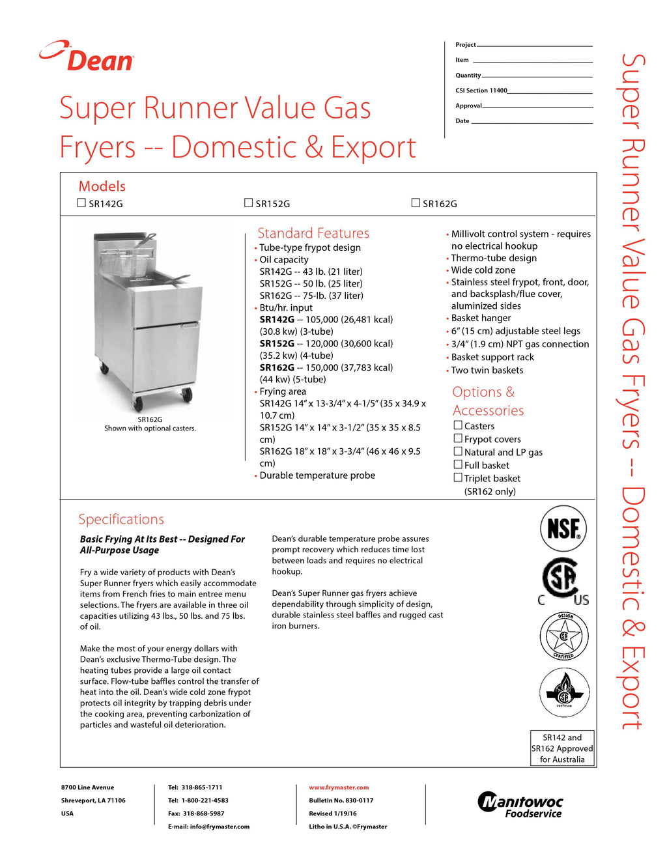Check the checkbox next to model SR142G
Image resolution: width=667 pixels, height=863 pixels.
81,203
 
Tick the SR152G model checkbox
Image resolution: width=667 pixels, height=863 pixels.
248,203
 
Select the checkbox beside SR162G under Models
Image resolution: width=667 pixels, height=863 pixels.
416,203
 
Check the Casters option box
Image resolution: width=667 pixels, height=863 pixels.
458,425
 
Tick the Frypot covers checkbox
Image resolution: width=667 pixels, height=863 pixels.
458,438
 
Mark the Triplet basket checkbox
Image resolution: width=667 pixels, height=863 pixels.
458,477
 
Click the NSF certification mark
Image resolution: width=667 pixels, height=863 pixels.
563,528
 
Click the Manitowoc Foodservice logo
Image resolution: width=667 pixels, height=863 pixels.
520,805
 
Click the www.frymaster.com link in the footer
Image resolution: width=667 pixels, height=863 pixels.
339,787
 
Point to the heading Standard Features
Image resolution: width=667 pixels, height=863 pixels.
313,233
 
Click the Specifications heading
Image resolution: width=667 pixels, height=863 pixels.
121,519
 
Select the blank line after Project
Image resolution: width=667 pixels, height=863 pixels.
534,46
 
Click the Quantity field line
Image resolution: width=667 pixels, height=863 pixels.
537,76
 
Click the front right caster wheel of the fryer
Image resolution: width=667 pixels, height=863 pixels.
187,394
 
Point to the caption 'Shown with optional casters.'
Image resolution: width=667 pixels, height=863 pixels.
150,429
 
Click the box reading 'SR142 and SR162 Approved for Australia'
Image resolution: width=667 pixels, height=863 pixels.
562,748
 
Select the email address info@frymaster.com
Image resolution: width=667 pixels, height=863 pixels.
220,827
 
